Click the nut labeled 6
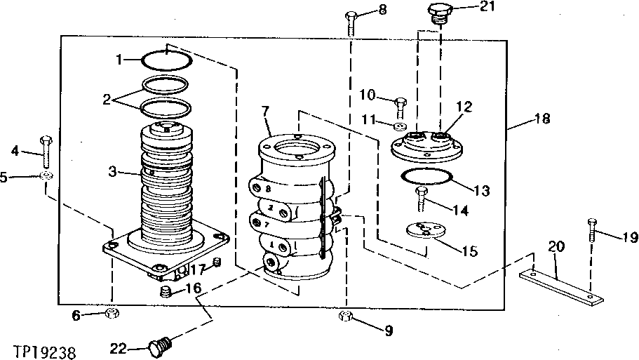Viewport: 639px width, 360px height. tap(110, 314)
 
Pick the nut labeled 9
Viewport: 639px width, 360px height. tap(347, 316)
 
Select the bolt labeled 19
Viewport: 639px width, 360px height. tap(591, 234)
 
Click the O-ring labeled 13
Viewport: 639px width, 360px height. tap(426, 178)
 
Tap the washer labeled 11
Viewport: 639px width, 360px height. tap(400, 127)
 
